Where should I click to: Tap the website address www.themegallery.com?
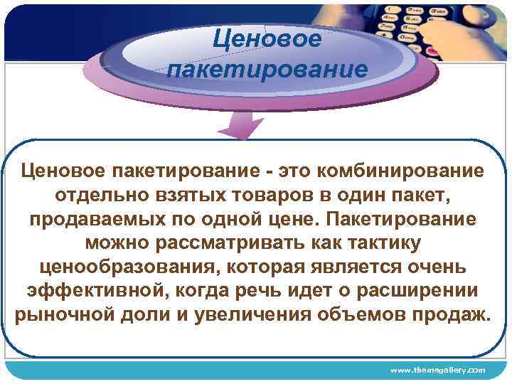pyautogui.click(x=437, y=370)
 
